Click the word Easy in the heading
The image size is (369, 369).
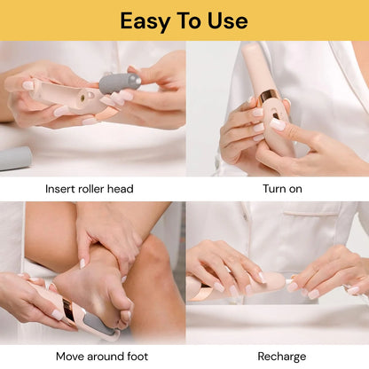tap(145, 21)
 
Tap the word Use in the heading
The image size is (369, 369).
tap(228, 20)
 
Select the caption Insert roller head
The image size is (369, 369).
tap(90, 189)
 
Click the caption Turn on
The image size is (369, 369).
tap(282, 189)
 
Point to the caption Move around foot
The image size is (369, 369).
tap(102, 357)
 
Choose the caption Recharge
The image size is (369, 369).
tap(282, 357)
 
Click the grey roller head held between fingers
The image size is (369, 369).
tap(120, 82)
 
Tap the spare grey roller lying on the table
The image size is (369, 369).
tap(15, 159)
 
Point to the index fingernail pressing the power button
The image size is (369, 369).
tap(278, 124)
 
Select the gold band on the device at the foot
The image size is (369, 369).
tap(69, 312)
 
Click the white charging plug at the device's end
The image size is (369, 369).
tap(289, 280)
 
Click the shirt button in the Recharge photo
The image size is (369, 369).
tap(244, 216)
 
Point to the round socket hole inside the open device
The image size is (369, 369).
tap(83, 97)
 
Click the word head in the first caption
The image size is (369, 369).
tap(121, 189)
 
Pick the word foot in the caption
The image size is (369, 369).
tap(137, 357)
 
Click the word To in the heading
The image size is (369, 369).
tap(189, 21)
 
